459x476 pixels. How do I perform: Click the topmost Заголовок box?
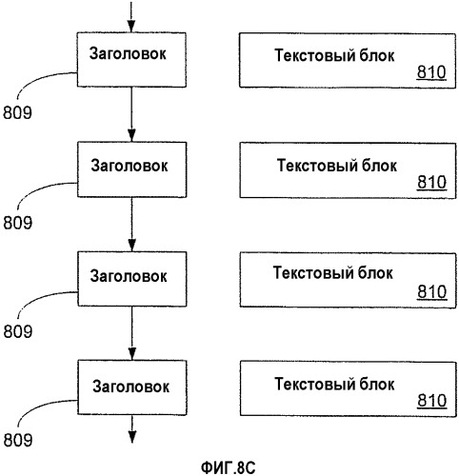coord(131,59)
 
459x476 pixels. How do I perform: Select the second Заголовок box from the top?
coord(131,169)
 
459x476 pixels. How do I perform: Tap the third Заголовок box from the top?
coord(132,279)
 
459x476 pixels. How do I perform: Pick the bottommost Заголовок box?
coord(132,387)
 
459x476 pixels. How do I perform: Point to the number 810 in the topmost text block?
coord(431,72)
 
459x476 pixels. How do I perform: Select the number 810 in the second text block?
coord(432,183)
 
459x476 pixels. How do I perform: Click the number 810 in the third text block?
coord(432,292)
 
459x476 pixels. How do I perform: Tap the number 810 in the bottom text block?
coord(432,401)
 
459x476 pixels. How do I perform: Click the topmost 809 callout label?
coord(17,112)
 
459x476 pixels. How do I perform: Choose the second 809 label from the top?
coord(18,223)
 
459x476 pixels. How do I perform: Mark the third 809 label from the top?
coord(18,331)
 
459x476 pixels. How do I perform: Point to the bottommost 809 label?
coord(18,441)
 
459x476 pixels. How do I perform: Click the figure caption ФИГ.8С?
coord(229,467)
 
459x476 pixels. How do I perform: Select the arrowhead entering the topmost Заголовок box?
coord(131,27)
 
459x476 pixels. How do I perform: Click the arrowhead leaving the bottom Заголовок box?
coord(132,437)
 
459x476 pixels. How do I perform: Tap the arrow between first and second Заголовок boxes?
coord(131,114)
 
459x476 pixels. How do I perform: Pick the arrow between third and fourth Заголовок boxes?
coord(132,333)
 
